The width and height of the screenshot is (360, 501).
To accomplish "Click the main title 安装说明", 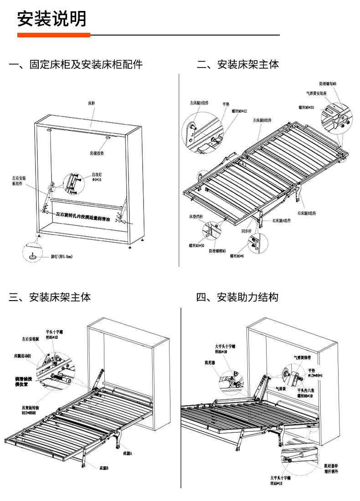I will [51, 19].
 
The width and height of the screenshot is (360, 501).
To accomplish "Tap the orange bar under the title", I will [54, 35].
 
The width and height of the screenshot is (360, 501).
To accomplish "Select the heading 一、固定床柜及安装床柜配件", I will [76, 64].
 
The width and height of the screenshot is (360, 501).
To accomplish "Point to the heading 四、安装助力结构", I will [237, 297].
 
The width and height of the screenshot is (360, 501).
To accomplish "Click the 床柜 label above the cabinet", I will [92, 103].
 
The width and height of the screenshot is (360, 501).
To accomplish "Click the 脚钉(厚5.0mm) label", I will [61, 257].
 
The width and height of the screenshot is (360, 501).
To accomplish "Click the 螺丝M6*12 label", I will [239, 111].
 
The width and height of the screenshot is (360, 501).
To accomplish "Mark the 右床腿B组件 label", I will [307, 213].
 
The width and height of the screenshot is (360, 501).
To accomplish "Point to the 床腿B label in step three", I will [104, 468].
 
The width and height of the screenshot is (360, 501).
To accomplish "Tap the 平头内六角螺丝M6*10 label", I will [305, 393].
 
